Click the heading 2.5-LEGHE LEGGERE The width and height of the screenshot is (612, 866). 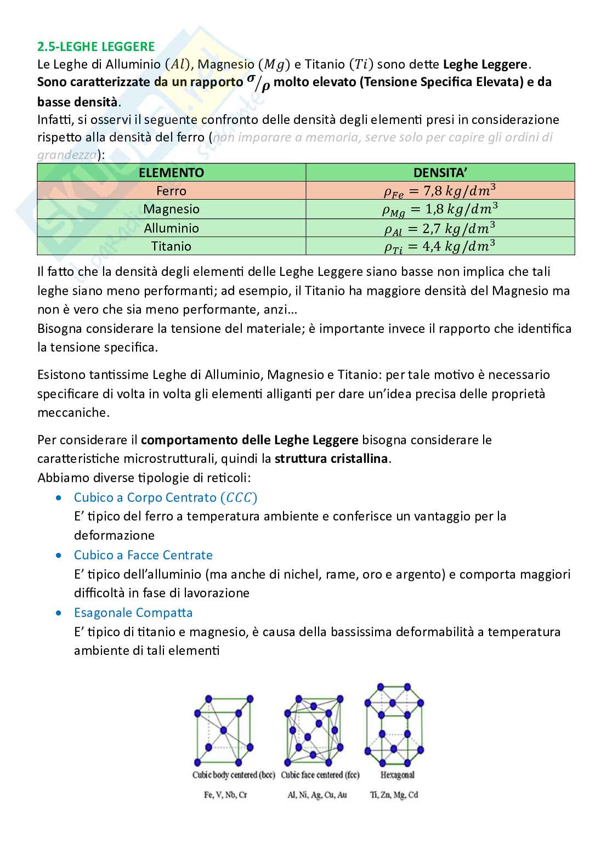(96, 47)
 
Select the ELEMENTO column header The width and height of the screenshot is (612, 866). (171, 173)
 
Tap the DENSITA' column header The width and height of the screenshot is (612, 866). (440, 173)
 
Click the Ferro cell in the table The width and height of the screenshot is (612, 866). (171, 191)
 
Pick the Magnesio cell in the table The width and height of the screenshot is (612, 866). (171, 209)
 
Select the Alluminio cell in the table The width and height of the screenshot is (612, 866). (171, 228)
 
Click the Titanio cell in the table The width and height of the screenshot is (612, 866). (171, 246)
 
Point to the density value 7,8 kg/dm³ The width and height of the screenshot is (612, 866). (440, 191)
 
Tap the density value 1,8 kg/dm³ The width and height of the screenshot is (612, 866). (440, 210)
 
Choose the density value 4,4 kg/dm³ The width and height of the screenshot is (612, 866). (440, 247)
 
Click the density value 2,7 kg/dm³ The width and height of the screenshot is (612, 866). (440, 228)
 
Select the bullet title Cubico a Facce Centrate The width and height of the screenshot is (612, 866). (143, 555)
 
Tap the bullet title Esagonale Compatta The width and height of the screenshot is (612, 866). (133, 613)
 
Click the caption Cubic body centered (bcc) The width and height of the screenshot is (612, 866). (233, 775)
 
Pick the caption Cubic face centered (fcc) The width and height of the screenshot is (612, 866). (320, 775)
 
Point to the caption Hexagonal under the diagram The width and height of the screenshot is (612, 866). (397, 775)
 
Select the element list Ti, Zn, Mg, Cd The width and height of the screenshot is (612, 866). (394, 794)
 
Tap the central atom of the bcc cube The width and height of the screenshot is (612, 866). (223, 731)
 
